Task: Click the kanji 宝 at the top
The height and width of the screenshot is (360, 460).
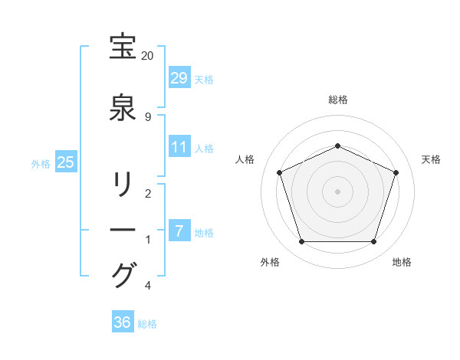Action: coord(123,47)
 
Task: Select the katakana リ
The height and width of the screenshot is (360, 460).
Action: coord(123,185)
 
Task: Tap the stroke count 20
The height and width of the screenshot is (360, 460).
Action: coord(147,56)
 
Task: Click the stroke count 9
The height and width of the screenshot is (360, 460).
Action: coord(147,117)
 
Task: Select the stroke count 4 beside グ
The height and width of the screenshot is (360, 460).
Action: coord(147,286)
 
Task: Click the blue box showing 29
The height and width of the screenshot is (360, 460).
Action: coord(179,78)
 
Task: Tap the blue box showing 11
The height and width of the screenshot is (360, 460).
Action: coord(179,147)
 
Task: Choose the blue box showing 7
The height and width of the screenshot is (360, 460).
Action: coord(179,231)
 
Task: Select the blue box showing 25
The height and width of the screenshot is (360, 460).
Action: coord(65,162)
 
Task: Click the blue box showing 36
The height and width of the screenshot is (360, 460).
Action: coord(123,322)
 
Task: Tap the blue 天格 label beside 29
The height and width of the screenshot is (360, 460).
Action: coord(204,79)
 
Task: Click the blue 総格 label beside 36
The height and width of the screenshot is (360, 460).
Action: coord(147,323)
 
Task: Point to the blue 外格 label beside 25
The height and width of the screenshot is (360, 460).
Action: coord(41,163)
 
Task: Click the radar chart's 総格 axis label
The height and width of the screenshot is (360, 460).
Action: coord(338,100)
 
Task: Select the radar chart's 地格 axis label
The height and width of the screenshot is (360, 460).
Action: coord(402,262)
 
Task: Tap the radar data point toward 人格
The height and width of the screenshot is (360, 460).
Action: coord(280,172)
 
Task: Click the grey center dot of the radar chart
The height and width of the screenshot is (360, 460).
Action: coord(337,190)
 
